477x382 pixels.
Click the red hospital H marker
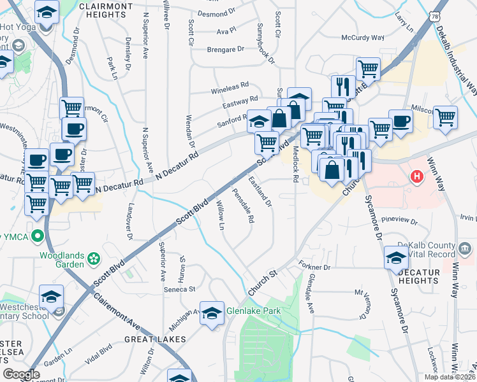coord(417,176)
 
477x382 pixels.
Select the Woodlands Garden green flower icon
coord(94,258)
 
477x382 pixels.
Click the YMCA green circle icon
coord(38,237)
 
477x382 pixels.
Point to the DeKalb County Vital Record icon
coord(464,247)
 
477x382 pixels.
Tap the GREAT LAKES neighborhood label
coord(147,339)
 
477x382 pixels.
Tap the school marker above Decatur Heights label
coord(396,257)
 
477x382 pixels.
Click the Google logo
coord(21,374)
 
